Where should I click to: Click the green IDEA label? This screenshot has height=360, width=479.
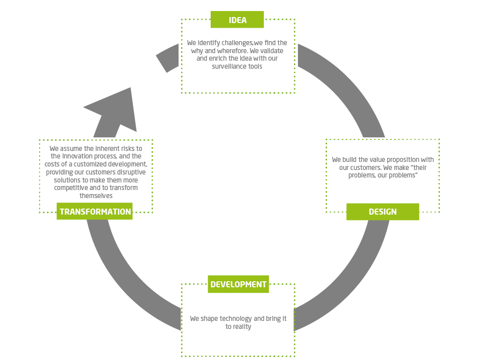point(237,20)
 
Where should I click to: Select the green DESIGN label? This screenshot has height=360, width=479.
point(382,212)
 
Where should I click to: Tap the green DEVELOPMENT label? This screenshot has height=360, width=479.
point(238,284)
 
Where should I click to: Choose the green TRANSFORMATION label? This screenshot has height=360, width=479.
point(95,212)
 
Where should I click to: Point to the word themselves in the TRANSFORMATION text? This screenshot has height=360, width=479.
point(96,196)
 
